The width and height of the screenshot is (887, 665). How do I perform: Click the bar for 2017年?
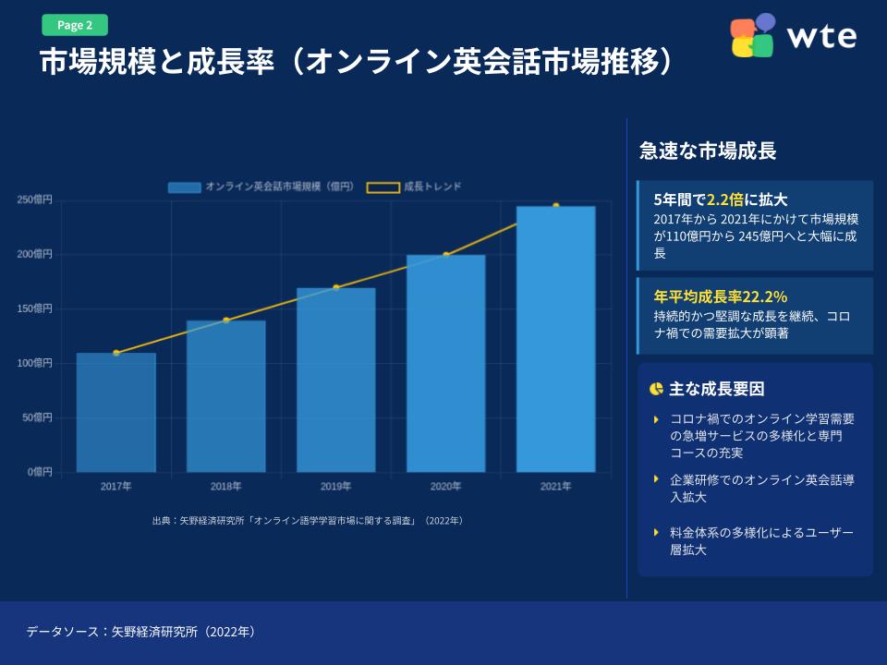pos(115,412)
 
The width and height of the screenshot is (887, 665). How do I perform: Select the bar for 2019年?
pos(335,380)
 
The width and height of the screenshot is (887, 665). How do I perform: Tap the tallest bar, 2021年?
pos(555,339)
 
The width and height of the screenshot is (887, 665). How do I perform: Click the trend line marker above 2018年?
pos(225,320)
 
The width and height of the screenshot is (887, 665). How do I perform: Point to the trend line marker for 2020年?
pos(445,255)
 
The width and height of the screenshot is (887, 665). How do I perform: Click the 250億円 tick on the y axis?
pos(34,199)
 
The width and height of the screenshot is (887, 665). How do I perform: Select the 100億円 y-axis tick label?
pos(34,363)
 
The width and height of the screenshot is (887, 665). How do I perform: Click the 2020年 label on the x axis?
pos(445,486)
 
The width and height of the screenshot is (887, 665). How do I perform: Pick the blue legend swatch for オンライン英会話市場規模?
pos(184,187)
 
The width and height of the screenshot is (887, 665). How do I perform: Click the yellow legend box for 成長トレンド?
pos(383,187)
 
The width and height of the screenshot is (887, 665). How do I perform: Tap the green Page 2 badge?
pos(75,25)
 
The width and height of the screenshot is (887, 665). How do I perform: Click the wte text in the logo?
pos(821,37)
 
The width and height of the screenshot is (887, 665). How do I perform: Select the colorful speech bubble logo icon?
pos(753,36)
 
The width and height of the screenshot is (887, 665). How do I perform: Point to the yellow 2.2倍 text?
pos(725,199)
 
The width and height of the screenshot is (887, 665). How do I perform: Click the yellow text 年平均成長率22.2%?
pos(720,296)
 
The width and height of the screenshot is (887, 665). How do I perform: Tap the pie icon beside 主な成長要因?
pos(656,389)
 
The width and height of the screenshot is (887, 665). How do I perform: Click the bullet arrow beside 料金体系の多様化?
pos(656,533)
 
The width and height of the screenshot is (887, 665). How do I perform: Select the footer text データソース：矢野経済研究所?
pos(140,633)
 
